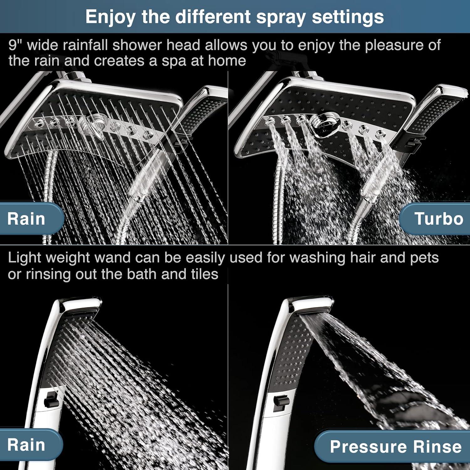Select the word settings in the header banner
click(347, 17)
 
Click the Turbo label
click(438, 219)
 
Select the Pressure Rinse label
click(395, 446)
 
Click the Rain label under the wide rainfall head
click(26, 219)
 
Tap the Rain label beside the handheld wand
click(26, 445)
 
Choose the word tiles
click(205, 274)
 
